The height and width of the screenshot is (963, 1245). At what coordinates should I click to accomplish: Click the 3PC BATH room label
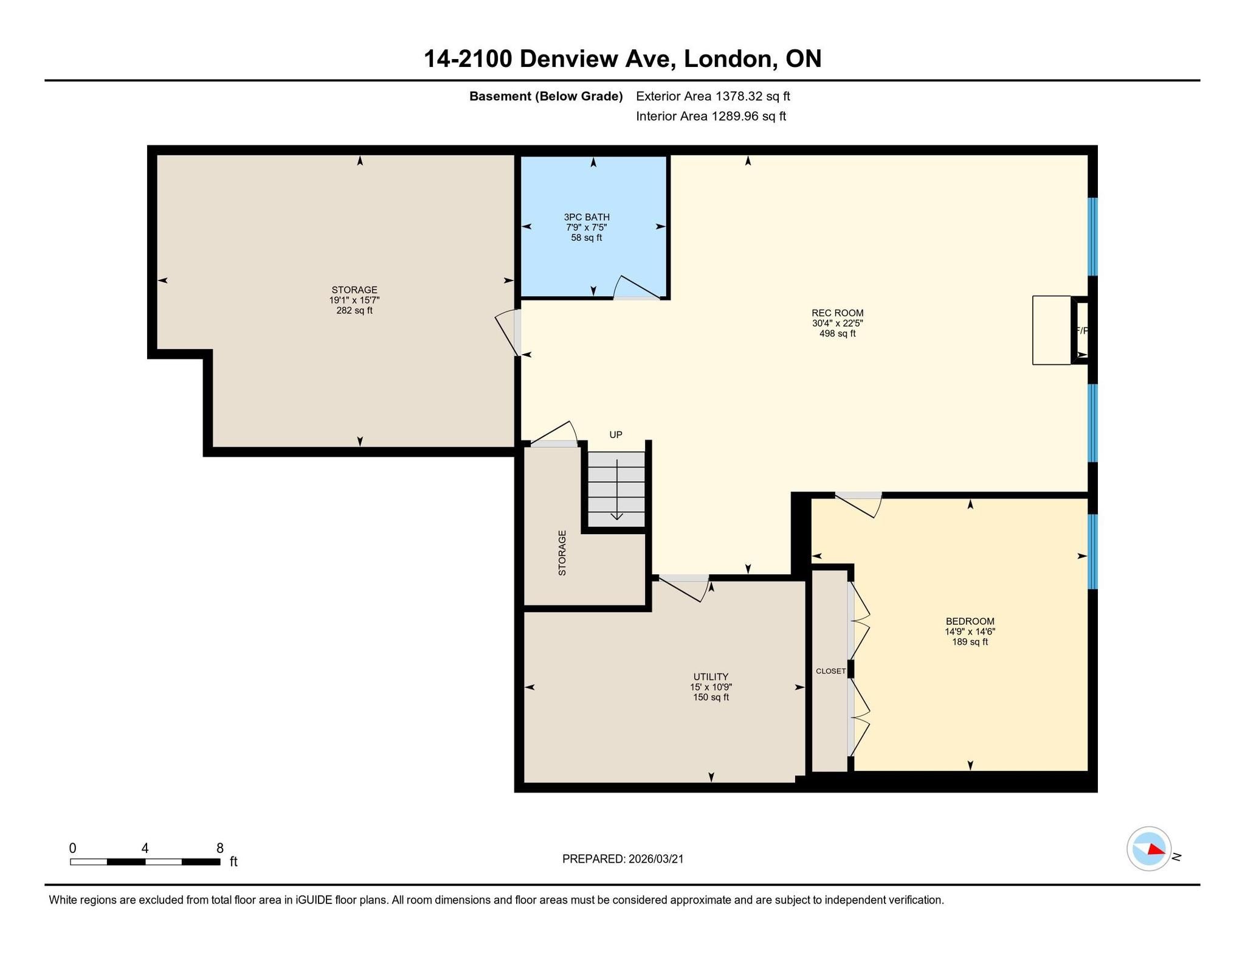[x=587, y=217]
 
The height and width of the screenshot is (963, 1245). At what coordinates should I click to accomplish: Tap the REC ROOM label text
[x=837, y=313]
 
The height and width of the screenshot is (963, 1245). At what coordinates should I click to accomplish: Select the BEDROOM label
[x=970, y=621]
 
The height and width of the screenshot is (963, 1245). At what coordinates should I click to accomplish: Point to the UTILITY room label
[x=711, y=676]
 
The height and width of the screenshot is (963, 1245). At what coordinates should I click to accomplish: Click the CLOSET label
[x=830, y=671]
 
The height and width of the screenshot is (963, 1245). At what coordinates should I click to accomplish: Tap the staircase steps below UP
[x=616, y=489]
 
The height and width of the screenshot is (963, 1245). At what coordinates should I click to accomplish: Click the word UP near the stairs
[x=616, y=434]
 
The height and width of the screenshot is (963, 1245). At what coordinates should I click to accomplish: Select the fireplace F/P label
[x=1081, y=330]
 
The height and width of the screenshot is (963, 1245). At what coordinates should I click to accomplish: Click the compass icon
[x=1148, y=848]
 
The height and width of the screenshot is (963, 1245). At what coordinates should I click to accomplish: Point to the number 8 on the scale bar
[x=219, y=848]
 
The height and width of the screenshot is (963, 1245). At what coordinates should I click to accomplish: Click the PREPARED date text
[x=622, y=858]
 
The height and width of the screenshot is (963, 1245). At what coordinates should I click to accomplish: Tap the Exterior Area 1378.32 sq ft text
[x=712, y=96]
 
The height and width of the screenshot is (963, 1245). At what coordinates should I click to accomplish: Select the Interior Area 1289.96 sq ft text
[x=711, y=116]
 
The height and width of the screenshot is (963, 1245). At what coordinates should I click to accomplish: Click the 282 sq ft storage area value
[x=354, y=310]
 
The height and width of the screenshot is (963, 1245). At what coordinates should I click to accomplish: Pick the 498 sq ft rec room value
[x=837, y=333]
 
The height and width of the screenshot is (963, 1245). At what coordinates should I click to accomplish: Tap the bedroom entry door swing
[x=858, y=504]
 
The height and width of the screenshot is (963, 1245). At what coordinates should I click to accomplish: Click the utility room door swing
[x=684, y=588]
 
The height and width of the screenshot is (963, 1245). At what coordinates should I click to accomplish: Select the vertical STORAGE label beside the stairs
[x=562, y=553]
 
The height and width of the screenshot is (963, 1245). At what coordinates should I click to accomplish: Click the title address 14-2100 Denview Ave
[x=549, y=59]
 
